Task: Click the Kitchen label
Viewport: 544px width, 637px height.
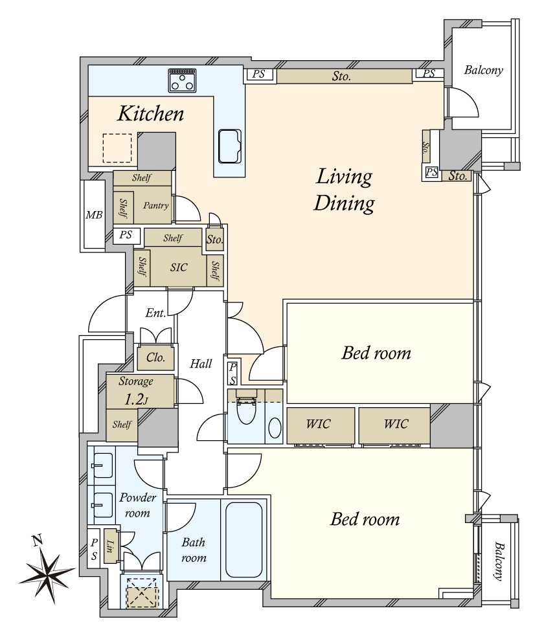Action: pyautogui.click(x=150, y=113)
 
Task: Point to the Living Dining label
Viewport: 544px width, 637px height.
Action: pyautogui.click(x=344, y=190)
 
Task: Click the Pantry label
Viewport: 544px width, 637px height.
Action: pyautogui.click(x=155, y=206)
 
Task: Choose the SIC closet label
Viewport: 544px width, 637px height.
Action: pyautogui.click(x=179, y=267)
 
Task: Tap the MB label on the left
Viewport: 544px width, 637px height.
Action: pyautogui.click(x=94, y=215)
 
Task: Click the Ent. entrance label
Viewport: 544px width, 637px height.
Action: pyautogui.click(x=155, y=313)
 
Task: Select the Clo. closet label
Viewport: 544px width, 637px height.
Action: pyautogui.click(x=155, y=357)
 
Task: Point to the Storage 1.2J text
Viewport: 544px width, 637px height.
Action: pyautogui.click(x=136, y=391)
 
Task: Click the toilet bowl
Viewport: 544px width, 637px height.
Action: pyautogui.click(x=246, y=410)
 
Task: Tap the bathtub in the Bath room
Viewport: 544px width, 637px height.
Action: pyautogui.click(x=244, y=540)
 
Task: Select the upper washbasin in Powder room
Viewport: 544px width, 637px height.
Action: pyautogui.click(x=102, y=465)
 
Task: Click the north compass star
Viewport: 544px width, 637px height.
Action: pyautogui.click(x=47, y=570)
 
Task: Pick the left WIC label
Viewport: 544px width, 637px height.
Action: pyautogui.click(x=319, y=425)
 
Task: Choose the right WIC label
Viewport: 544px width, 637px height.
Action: pyautogui.click(x=396, y=425)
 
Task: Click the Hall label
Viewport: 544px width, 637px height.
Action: pyautogui.click(x=201, y=363)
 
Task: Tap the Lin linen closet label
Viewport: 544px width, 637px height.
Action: pyautogui.click(x=109, y=546)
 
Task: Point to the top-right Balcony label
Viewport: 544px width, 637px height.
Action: pyautogui.click(x=484, y=71)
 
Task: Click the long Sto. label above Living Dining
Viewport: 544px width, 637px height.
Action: pyautogui.click(x=341, y=76)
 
